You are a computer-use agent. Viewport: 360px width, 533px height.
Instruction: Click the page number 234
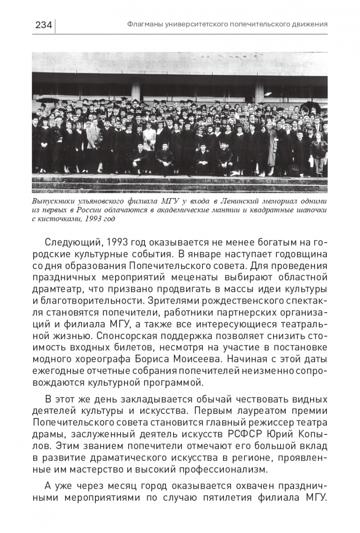point(43,25)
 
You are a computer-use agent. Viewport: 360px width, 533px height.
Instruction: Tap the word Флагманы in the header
point(143,24)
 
